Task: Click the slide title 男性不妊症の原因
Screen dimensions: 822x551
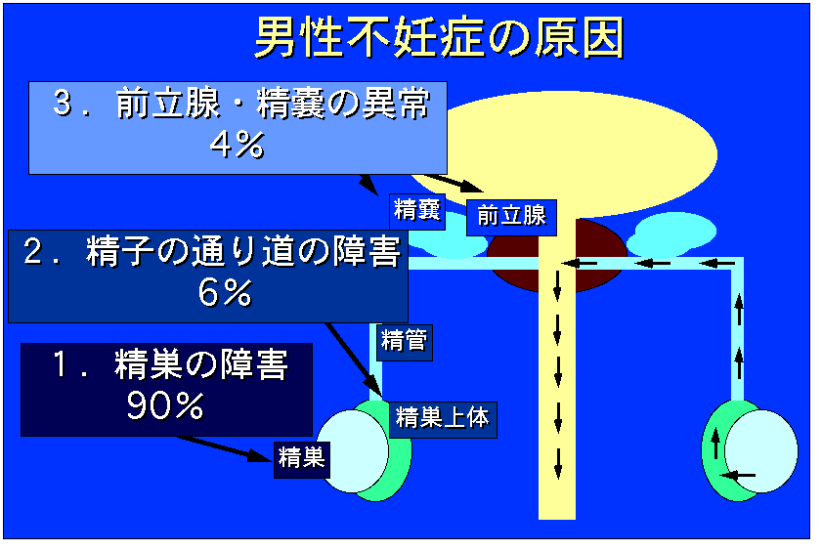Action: pyautogui.click(x=439, y=37)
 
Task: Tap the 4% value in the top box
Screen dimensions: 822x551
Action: pyautogui.click(x=237, y=146)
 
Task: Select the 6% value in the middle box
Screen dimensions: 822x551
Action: pyautogui.click(x=226, y=292)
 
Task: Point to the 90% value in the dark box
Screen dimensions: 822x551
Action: pyautogui.click(x=165, y=405)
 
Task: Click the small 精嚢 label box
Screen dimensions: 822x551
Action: pyautogui.click(x=417, y=211)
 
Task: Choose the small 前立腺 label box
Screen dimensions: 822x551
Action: pyautogui.click(x=511, y=217)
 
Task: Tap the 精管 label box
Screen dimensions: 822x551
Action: pyautogui.click(x=405, y=342)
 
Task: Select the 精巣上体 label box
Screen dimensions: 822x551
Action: pyautogui.click(x=443, y=419)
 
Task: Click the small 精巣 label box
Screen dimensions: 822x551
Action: pyautogui.click(x=301, y=459)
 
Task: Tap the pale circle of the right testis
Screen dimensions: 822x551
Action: pyautogui.click(x=761, y=451)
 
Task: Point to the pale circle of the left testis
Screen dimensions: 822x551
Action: pyautogui.click(x=352, y=451)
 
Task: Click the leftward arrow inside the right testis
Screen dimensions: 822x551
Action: pyautogui.click(x=738, y=476)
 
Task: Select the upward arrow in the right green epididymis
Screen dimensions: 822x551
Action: pyautogui.click(x=715, y=444)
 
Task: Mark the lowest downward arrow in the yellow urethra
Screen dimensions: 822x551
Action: pyautogui.click(x=558, y=463)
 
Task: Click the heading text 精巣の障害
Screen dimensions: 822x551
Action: pyautogui.click(x=201, y=364)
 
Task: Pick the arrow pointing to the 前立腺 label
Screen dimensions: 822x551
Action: pyautogui.click(x=455, y=183)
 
